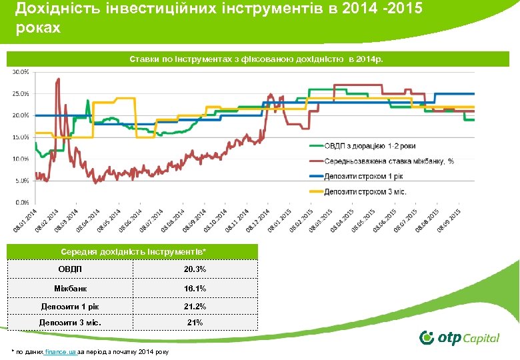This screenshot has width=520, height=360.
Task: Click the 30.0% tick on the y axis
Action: (x=21, y=71)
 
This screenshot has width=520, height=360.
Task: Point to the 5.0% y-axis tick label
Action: (x=21, y=180)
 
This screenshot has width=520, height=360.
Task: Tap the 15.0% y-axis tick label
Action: (x=21, y=137)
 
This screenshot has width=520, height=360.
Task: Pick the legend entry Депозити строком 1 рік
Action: (x=366, y=177)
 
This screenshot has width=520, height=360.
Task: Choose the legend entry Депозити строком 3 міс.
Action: (x=366, y=192)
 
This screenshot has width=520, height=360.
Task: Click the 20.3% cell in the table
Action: (x=195, y=269)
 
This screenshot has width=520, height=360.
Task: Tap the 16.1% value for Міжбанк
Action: (x=195, y=288)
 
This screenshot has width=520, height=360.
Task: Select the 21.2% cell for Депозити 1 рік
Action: (x=195, y=307)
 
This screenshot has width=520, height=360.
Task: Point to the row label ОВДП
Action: (x=70, y=269)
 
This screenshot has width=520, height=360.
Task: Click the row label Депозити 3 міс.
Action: (x=70, y=323)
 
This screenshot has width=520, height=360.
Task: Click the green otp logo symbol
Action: (x=427, y=337)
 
